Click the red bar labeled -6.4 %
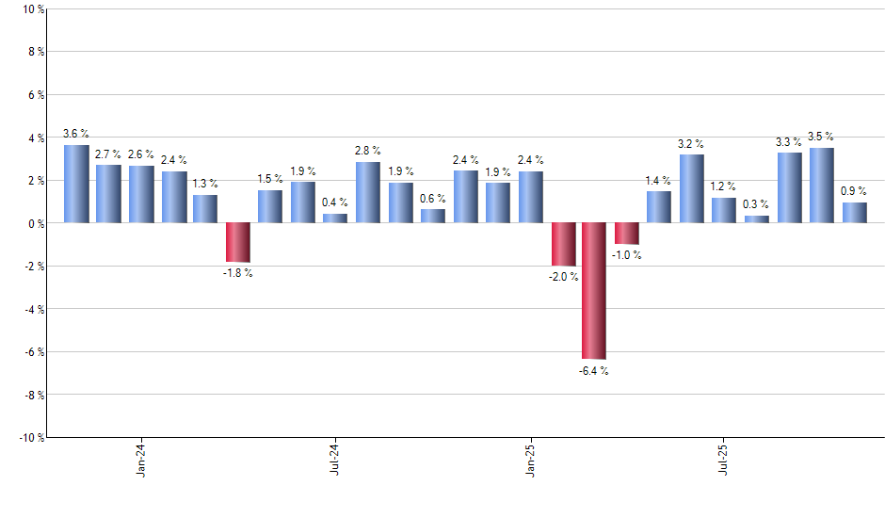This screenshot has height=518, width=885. pyautogui.click(x=593, y=291)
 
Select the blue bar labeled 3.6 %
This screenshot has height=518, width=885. pyautogui.click(x=76, y=184)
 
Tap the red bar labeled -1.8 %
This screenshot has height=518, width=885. pyautogui.click(x=237, y=242)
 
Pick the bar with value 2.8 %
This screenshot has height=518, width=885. pyautogui.click(x=367, y=192)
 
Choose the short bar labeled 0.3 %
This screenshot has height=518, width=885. pyautogui.click(x=756, y=219)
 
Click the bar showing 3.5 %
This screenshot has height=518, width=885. pyautogui.click(x=821, y=186)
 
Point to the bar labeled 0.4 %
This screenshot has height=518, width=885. pyautogui.click(x=335, y=219)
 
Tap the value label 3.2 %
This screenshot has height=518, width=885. pyautogui.click(x=691, y=144)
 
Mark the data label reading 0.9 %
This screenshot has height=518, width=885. pyautogui.click(x=854, y=191)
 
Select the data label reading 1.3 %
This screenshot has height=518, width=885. pyautogui.click(x=205, y=184)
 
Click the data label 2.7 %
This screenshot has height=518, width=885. pyautogui.click(x=108, y=154)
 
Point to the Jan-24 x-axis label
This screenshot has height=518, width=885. pyautogui.click(x=141, y=459)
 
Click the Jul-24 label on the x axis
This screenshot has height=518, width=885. pyautogui.click(x=335, y=459)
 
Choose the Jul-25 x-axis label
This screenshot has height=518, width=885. pyautogui.click(x=723, y=459)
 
